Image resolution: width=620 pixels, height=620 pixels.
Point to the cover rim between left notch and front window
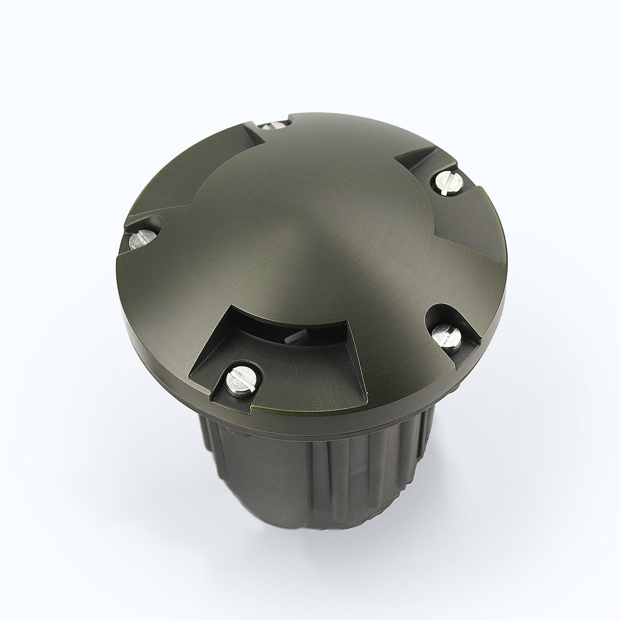pos(163,309)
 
